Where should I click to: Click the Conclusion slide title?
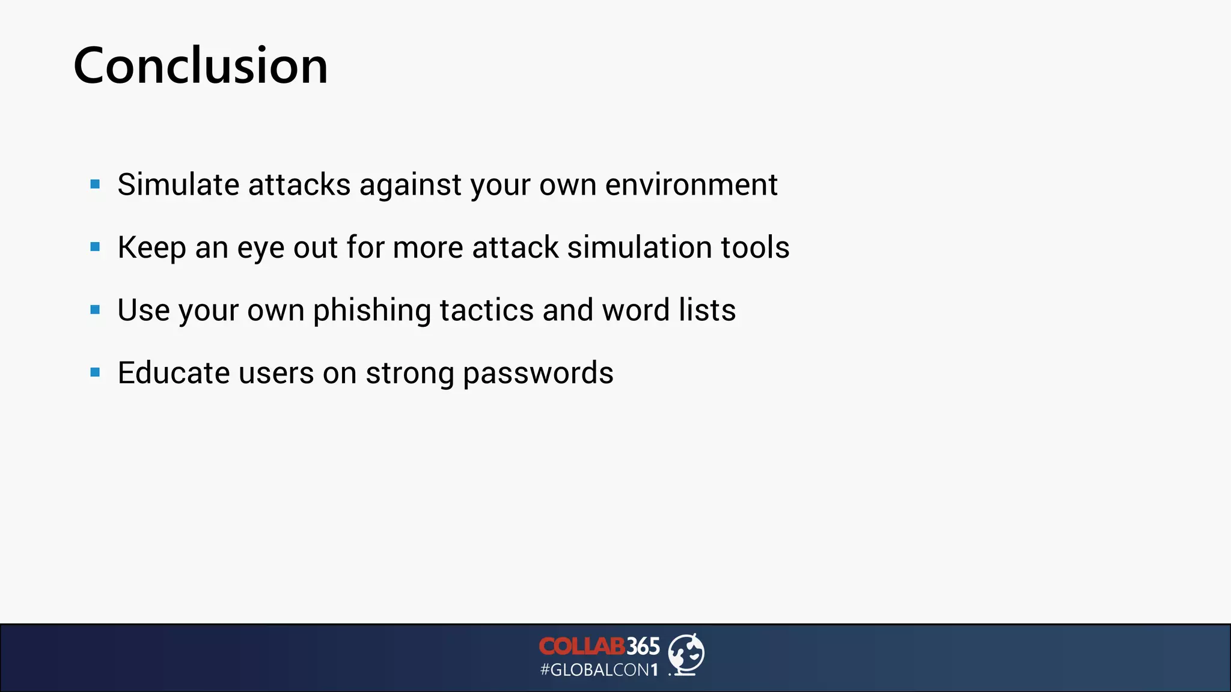[x=200, y=65]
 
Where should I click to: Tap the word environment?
[x=691, y=184]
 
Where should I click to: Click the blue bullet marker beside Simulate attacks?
[x=95, y=184]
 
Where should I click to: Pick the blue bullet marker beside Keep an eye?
[x=95, y=247]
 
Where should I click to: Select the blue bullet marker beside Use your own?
[x=95, y=310]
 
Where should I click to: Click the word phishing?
[x=371, y=311]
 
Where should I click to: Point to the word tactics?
[x=486, y=311]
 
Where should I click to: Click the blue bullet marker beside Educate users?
[x=95, y=372]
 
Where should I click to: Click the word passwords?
[x=538, y=374]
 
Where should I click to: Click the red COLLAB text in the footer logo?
[x=581, y=647]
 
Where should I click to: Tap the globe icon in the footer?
[x=686, y=654]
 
